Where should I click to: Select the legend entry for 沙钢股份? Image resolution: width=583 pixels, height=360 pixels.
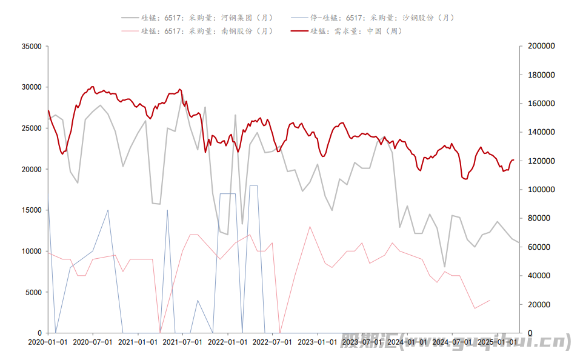point(382,18)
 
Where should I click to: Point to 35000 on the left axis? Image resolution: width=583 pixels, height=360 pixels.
point(31,46)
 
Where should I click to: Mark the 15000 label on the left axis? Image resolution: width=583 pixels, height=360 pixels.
point(31,210)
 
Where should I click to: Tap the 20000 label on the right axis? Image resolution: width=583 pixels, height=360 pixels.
point(536,304)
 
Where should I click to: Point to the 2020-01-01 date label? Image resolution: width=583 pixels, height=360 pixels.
point(48,342)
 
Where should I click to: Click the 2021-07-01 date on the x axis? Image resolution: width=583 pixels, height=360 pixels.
point(182,342)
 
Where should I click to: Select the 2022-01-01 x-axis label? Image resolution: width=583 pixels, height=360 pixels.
point(228,342)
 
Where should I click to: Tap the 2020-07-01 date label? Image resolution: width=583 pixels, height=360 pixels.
point(93,342)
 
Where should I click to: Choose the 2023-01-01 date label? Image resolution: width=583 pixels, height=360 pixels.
point(318,342)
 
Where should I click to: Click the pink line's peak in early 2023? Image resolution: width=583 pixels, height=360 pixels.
point(310,227)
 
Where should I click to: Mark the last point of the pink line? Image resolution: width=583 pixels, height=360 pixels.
point(490,300)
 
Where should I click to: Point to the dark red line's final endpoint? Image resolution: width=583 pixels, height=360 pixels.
point(513,160)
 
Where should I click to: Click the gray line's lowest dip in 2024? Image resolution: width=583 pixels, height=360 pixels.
point(445,267)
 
